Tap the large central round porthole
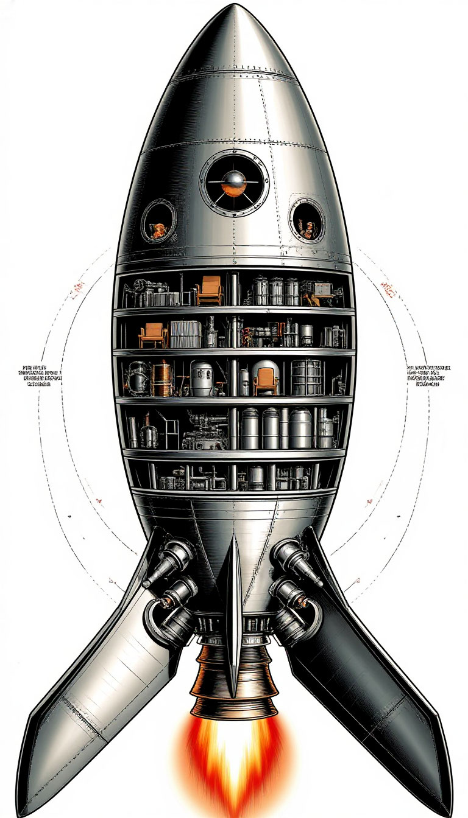pos(234,181)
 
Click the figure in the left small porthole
pos(158,229)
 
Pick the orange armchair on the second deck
pos(153,335)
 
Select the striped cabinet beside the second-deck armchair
pos(181,334)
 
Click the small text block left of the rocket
pos(41,376)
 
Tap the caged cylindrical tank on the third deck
pos(306,377)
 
